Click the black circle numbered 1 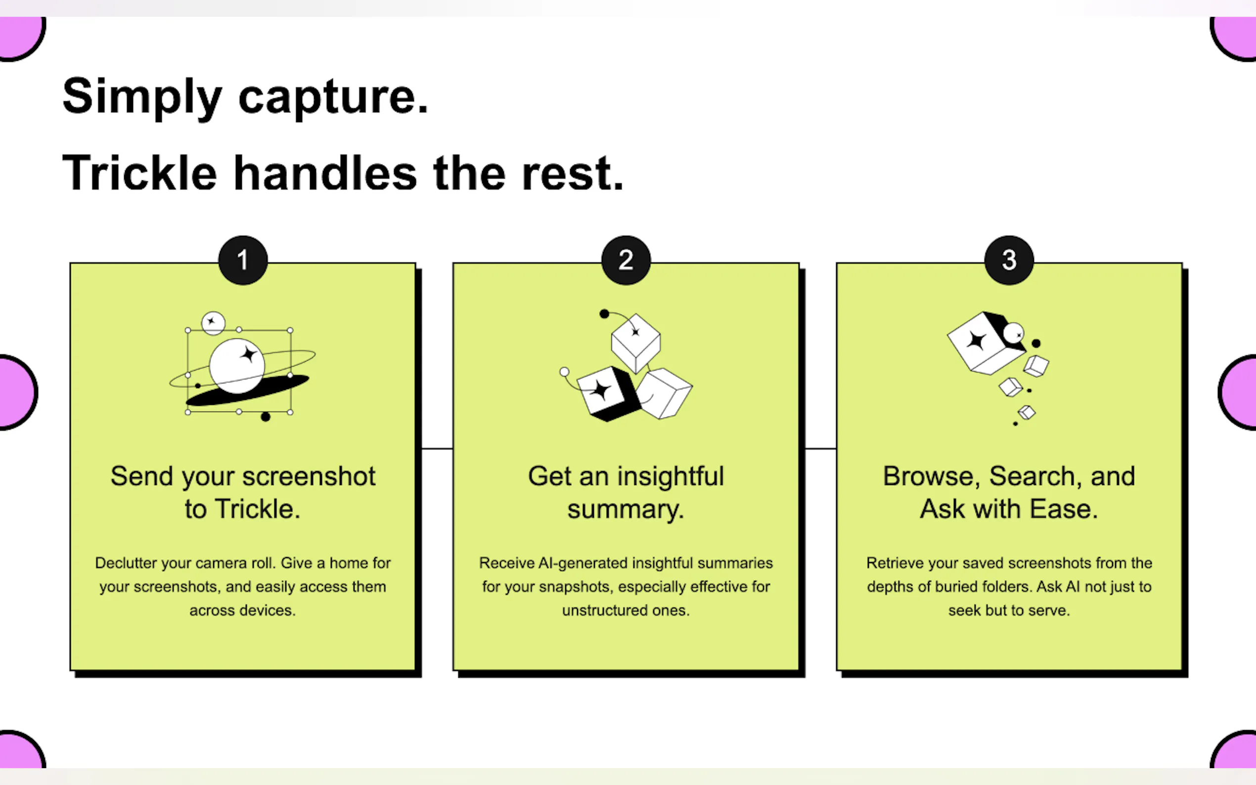tap(243, 260)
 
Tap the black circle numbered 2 tap(626, 260)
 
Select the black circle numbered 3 tap(1009, 260)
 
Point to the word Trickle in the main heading tap(139, 174)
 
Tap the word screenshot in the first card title tap(309, 477)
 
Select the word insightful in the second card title tap(671, 476)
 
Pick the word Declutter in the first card tap(126, 563)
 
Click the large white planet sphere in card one tap(237, 366)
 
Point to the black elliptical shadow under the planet tap(247, 391)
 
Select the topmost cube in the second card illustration tap(635, 342)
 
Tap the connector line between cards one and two tap(437, 448)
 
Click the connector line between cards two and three tap(820, 448)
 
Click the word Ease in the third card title tap(1064, 509)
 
